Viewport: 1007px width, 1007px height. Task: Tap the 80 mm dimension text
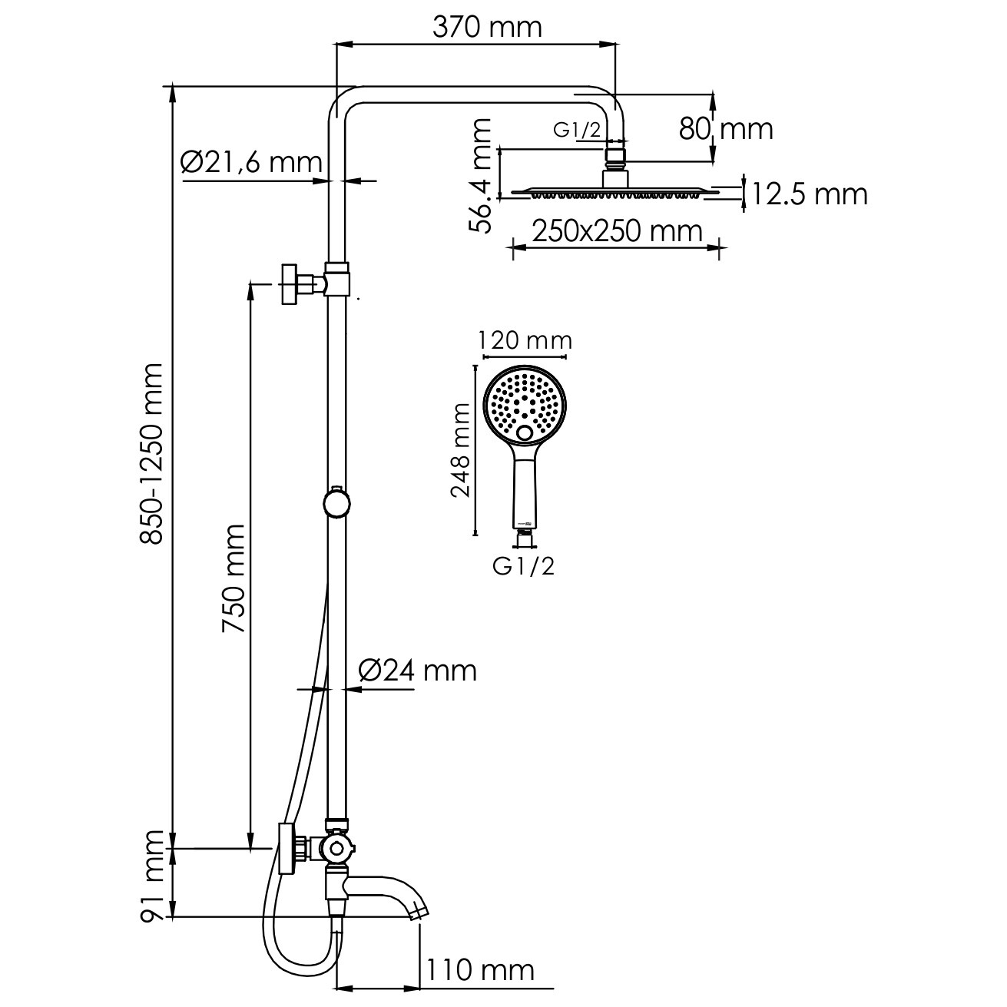(726, 129)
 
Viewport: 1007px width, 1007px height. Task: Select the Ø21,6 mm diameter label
(251, 163)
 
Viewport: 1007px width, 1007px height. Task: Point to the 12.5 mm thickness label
(810, 194)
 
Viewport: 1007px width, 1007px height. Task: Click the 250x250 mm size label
(617, 231)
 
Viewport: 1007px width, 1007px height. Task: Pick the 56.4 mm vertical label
(480, 176)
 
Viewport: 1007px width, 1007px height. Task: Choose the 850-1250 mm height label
(151, 454)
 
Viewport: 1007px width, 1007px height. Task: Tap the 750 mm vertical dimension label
(233, 578)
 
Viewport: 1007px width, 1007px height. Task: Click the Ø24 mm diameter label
(418, 671)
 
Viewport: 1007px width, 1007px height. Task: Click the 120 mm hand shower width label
(525, 341)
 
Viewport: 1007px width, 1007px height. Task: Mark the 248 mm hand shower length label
(461, 450)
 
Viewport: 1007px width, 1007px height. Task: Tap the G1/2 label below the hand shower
(523, 566)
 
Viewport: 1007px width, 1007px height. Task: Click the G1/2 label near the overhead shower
(578, 130)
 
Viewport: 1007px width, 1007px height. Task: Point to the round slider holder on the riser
(336, 504)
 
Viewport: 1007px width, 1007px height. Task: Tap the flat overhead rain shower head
(617, 191)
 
